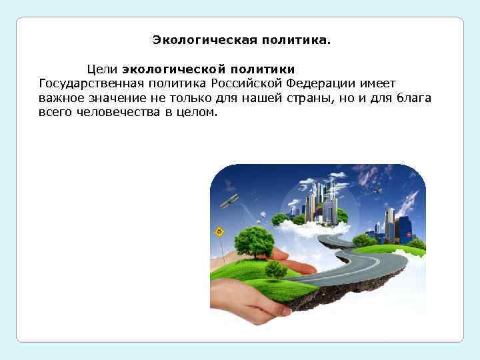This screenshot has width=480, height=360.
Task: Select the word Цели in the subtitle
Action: click(101, 69)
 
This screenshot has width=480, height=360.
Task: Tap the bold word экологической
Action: click(173, 69)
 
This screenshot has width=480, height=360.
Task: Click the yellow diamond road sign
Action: click(219, 232)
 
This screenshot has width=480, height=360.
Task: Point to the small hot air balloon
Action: click(263, 214)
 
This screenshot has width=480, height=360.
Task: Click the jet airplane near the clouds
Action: click(378, 191)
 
